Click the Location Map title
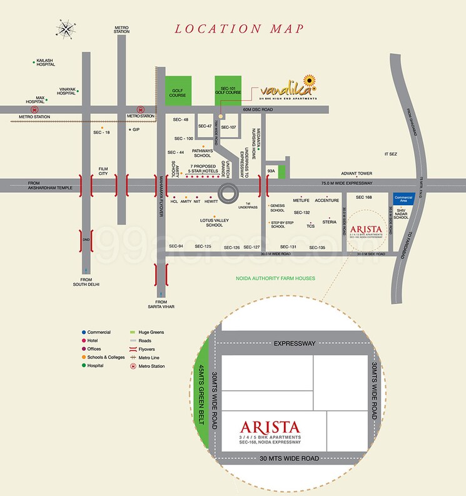[x=240, y=29]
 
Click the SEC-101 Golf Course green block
[x=228, y=91]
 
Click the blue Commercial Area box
[x=404, y=200]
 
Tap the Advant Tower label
[x=357, y=174]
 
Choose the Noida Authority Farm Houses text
[x=275, y=278]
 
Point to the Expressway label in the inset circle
[x=294, y=343]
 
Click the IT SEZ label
[x=391, y=154]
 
